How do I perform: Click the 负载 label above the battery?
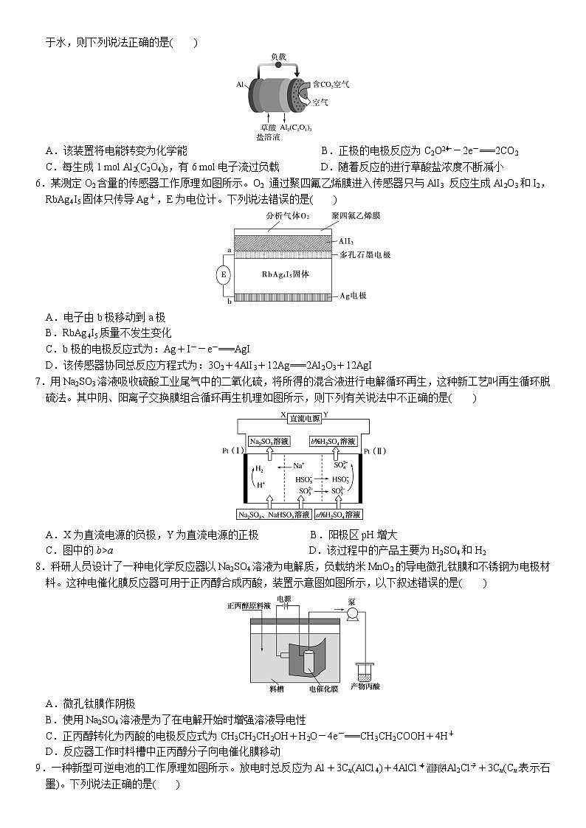pyautogui.click(x=278, y=56)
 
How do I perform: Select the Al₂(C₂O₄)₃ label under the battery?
pyautogui.click(x=296, y=128)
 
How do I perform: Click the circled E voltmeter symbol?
pyautogui.click(x=223, y=275)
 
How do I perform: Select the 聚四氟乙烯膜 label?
pyautogui.click(x=356, y=215)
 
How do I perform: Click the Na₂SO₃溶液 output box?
pyautogui.click(x=269, y=441)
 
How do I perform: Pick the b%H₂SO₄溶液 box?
pyautogui.click(x=336, y=441)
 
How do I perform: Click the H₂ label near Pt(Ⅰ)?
pyautogui.click(x=259, y=468)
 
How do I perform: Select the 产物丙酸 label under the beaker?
pyautogui.click(x=365, y=686)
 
